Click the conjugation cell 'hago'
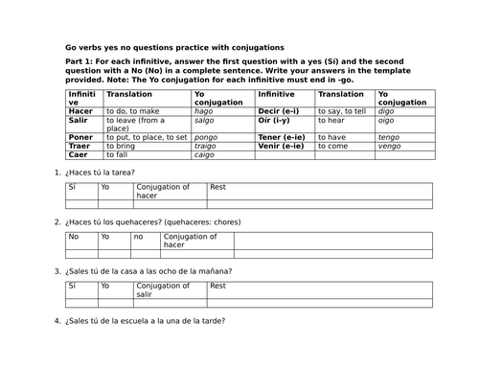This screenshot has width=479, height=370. (203, 111)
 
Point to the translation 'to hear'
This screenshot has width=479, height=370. (333, 121)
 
